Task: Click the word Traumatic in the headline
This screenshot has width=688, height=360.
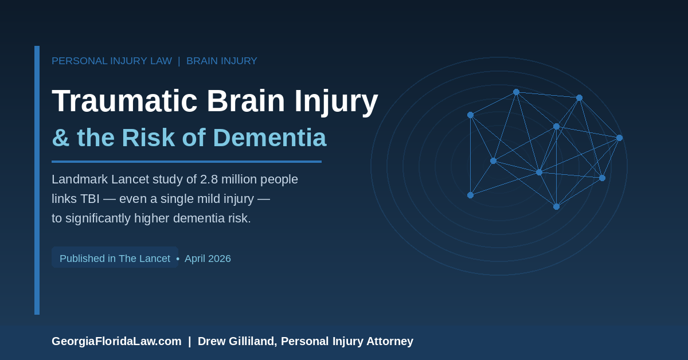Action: click(x=124, y=101)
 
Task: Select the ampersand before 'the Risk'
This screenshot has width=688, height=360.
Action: click(x=61, y=138)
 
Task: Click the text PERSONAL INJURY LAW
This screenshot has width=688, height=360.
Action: click(x=112, y=61)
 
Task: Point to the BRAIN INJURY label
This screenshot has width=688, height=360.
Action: click(x=222, y=61)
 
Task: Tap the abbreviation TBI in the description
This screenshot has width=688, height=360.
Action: click(x=89, y=199)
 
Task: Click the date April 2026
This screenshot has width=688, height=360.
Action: click(x=208, y=259)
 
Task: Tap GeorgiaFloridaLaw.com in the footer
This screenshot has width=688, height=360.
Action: click(x=116, y=341)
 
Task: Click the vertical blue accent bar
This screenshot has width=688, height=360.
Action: click(x=37, y=181)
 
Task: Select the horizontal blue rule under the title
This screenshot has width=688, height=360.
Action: click(x=186, y=162)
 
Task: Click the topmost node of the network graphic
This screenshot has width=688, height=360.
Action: click(x=517, y=92)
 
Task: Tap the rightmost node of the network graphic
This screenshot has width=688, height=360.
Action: click(x=620, y=138)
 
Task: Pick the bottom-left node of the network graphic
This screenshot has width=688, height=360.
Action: click(x=470, y=195)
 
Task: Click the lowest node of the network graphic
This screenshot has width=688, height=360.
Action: click(x=556, y=207)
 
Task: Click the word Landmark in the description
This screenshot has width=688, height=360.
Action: click(x=80, y=179)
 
